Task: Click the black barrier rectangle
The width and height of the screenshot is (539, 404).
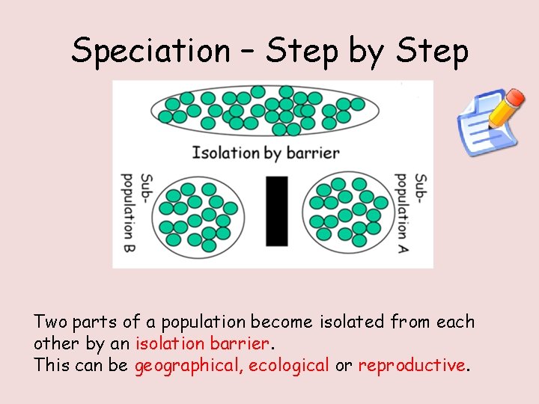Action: click(x=277, y=211)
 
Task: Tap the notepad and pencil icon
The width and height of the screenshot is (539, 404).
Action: click(x=490, y=123)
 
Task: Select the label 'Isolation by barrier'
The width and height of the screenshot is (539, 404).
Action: click(x=266, y=153)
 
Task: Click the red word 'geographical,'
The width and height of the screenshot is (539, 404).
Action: click(x=189, y=365)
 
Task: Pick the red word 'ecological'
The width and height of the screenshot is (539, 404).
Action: click(x=289, y=365)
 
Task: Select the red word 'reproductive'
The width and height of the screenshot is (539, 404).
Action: click(x=412, y=365)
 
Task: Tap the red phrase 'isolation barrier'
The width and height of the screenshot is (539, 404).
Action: click(x=201, y=343)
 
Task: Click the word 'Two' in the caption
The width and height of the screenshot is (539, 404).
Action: click(x=50, y=322)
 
